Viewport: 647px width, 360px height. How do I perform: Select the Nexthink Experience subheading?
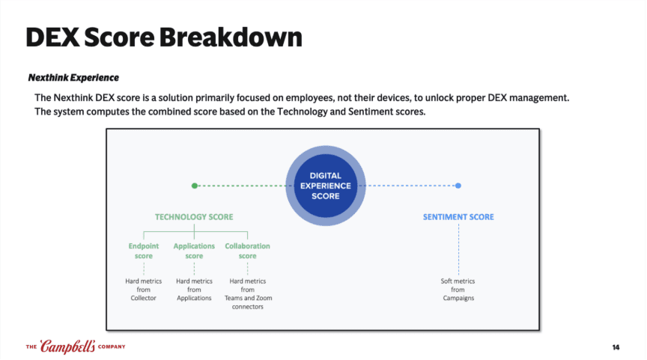[73, 78]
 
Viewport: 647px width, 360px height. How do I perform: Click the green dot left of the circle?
[195, 186]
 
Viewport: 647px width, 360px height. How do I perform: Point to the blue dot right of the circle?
[458, 186]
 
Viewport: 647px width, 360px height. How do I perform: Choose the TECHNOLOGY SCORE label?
[194, 217]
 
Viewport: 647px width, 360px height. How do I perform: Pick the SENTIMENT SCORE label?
[458, 217]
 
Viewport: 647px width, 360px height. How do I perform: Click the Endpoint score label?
[143, 251]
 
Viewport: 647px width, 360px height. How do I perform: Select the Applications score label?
[194, 251]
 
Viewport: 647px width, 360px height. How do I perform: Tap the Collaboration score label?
[247, 251]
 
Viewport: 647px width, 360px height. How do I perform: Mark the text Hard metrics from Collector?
[143, 290]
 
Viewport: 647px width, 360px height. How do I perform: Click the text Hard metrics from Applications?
[194, 290]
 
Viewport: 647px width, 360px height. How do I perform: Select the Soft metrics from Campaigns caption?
[458, 290]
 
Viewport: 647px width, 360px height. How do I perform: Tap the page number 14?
[616, 347]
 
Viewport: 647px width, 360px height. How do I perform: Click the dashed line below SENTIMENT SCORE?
[458, 247]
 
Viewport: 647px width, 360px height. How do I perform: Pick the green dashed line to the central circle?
[240, 186]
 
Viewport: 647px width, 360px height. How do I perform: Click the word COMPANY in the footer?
[110, 347]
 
